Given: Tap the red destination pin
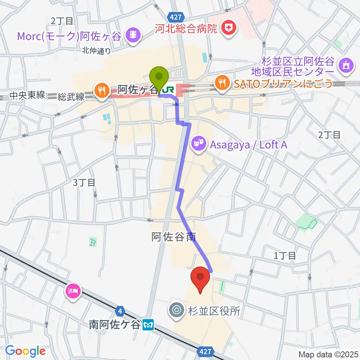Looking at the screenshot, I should coord(200,277).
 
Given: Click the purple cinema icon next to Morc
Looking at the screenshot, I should coord(133,35).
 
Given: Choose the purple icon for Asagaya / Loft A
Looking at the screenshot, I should coord(198,143).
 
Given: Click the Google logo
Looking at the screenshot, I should coord(25,351).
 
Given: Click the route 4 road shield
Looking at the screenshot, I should coord(120,311).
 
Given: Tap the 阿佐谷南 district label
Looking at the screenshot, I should coord(174,237).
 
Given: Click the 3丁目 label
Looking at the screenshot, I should coord(84,183).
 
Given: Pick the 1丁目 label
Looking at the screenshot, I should coord(285,256).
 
